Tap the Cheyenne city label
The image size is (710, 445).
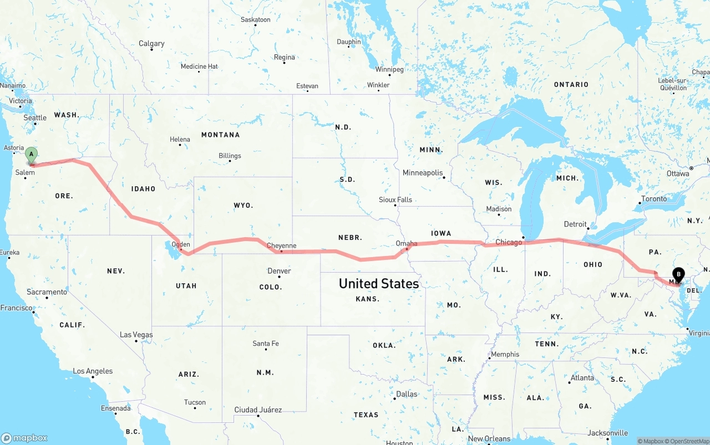[x=281, y=245]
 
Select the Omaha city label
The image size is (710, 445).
[x=407, y=243]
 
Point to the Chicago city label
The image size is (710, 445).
[x=509, y=242]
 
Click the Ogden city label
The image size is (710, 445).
[x=181, y=244]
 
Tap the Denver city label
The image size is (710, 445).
[x=279, y=271]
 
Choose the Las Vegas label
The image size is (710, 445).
[x=136, y=335]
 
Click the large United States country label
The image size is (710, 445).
[x=379, y=284]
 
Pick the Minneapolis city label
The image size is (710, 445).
[x=423, y=173]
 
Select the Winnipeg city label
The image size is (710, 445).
[x=389, y=70]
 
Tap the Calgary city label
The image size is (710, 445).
[x=151, y=44]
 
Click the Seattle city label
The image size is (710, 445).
[x=35, y=117]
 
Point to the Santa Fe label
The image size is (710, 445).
[x=266, y=344]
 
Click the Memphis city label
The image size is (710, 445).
[x=505, y=354]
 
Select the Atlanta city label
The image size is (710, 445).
[x=582, y=378]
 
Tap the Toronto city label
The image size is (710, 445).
[x=654, y=199]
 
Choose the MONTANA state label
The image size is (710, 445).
[x=220, y=135]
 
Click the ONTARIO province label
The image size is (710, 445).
[x=571, y=85]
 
